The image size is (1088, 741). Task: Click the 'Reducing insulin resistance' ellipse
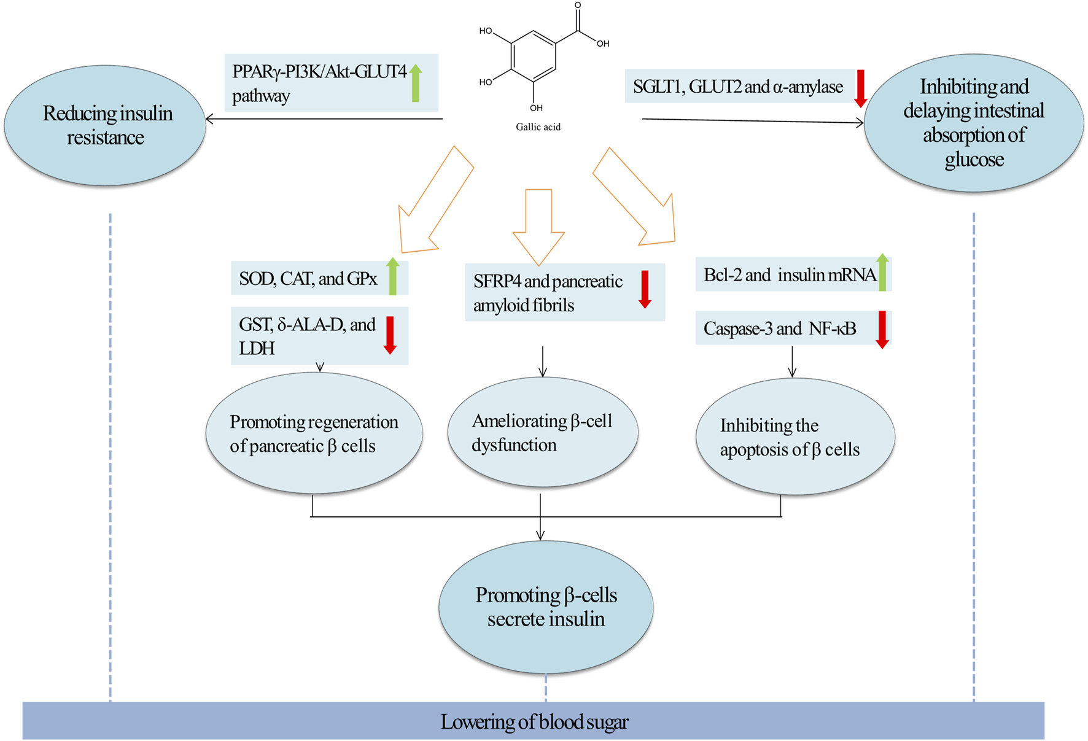[106, 125]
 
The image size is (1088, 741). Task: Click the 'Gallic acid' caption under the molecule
[538, 127]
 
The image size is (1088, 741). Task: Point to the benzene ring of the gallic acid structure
[533, 56]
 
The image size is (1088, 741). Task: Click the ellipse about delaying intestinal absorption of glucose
[973, 123]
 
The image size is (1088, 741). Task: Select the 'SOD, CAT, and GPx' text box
[308, 279]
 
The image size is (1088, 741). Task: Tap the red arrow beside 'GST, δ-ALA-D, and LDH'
[390, 335]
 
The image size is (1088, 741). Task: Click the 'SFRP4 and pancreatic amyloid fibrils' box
[548, 293]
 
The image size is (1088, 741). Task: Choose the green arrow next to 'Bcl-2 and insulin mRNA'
[882, 272]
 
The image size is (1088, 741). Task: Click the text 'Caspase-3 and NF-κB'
[780, 329]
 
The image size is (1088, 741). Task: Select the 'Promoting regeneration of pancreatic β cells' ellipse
[314, 433]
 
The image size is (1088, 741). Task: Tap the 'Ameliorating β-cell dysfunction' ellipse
[542, 433]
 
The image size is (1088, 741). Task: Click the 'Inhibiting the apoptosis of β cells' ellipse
[795, 437]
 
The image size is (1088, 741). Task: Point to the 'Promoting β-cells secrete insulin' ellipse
[545, 607]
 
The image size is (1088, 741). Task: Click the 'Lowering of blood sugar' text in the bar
[534, 722]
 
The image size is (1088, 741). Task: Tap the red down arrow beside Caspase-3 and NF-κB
[882, 330]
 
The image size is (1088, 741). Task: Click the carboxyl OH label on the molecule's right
[603, 44]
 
